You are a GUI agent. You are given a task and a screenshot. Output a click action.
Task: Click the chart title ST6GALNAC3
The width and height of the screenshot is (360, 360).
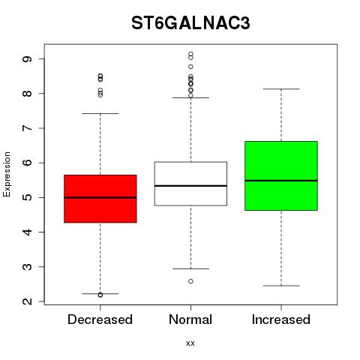click(x=190, y=23)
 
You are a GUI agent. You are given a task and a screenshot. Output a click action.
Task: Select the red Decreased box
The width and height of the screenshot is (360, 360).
click(x=100, y=199)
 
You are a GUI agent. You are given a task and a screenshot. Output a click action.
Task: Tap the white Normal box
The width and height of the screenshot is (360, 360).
click(x=190, y=184)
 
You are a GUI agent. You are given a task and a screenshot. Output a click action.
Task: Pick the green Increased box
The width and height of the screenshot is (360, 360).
click(x=281, y=175)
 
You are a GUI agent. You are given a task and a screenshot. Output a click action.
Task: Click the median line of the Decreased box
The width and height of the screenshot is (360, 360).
click(x=100, y=197)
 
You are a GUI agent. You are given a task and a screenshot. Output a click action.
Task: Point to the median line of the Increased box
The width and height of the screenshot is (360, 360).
click(x=281, y=181)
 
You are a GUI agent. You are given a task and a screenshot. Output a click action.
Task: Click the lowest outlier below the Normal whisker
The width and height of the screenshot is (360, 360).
click(x=190, y=281)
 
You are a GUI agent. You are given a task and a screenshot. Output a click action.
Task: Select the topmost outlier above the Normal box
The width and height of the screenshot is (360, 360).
click(x=190, y=54)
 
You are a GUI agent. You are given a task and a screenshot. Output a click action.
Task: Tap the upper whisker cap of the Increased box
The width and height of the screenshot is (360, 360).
click(x=281, y=89)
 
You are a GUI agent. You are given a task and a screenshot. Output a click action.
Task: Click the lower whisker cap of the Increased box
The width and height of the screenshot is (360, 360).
click(x=281, y=286)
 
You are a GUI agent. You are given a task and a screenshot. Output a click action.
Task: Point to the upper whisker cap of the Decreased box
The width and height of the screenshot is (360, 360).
click(x=100, y=113)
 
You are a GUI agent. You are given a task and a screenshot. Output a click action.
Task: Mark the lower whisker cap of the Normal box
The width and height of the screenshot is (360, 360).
click(x=190, y=268)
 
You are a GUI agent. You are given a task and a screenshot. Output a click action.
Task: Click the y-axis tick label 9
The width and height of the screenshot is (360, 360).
click(x=27, y=59)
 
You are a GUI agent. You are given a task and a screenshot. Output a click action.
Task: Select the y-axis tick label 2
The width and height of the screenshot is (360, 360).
click(x=27, y=301)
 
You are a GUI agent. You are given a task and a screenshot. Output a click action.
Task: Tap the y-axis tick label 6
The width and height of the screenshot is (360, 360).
click(x=27, y=163)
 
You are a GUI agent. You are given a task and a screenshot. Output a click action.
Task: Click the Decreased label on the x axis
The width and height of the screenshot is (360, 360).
click(x=100, y=319)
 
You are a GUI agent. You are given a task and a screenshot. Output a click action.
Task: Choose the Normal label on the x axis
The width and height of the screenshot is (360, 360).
click(x=190, y=319)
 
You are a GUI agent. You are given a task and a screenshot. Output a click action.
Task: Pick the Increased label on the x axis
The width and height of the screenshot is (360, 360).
click(x=281, y=319)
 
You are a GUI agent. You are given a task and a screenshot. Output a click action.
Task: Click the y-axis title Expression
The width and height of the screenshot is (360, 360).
click(x=7, y=174)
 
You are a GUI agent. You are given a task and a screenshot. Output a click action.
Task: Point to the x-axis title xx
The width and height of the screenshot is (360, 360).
click(x=190, y=343)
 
